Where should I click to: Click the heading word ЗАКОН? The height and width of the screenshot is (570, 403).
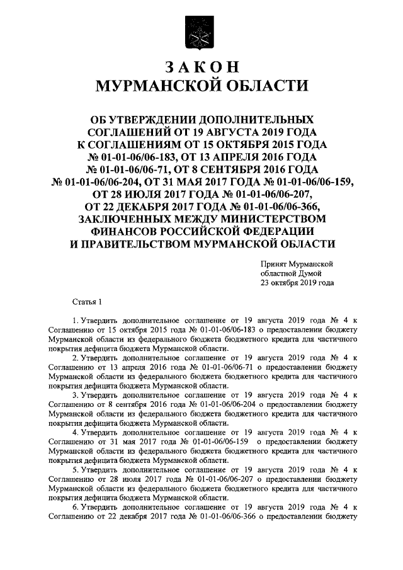(201, 67)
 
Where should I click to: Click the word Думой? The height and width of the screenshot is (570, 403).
(310, 273)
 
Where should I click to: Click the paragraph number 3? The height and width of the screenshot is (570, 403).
(75, 395)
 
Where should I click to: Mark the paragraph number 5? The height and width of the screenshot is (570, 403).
(75, 470)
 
